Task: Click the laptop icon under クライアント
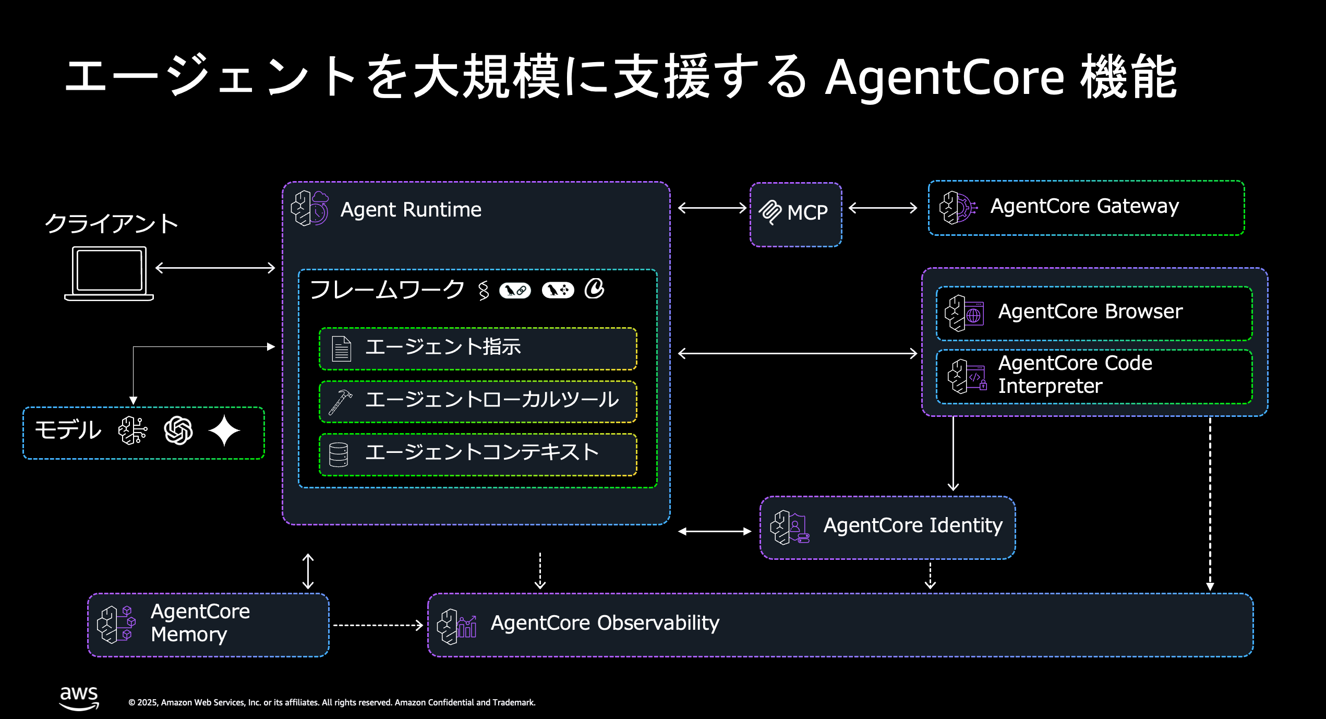click(x=109, y=273)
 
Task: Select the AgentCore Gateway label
click(x=1084, y=207)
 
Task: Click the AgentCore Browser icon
click(x=964, y=313)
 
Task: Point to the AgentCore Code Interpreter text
click(x=1075, y=375)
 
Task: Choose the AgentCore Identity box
click(x=887, y=527)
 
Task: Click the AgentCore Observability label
click(x=605, y=623)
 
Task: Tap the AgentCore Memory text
click(x=200, y=623)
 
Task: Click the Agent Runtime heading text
click(x=411, y=210)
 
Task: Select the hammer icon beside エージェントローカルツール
click(x=340, y=402)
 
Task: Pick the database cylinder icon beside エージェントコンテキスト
click(x=339, y=454)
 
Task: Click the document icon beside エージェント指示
click(x=342, y=349)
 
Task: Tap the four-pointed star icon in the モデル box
click(x=224, y=431)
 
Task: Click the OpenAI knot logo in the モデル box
click(x=178, y=431)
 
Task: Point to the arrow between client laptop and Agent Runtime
click(x=215, y=268)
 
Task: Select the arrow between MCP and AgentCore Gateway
click(x=883, y=208)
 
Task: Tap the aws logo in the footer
click(x=79, y=698)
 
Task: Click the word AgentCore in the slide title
click(x=944, y=77)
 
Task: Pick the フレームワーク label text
click(x=387, y=290)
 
